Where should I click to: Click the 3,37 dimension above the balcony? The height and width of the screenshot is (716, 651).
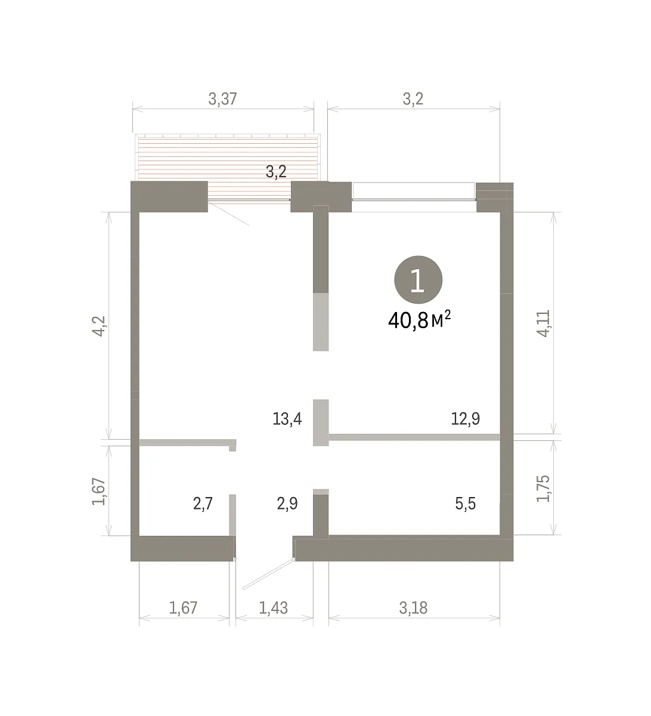pyautogui.click(x=222, y=99)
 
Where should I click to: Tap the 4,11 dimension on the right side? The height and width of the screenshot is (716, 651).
pyautogui.click(x=543, y=323)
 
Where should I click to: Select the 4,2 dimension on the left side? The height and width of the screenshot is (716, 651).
pyautogui.click(x=99, y=326)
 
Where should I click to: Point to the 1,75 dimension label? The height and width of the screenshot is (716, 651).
pyautogui.click(x=543, y=489)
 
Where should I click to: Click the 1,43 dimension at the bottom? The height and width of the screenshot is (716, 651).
pyautogui.click(x=273, y=608)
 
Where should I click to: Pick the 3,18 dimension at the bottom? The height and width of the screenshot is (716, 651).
pyautogui.click(x=413, y=608)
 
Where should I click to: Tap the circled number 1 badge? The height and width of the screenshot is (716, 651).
pyautogui.click(x=418, y=280)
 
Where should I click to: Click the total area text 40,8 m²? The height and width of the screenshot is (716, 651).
pyautogui.click(x=420, y=319)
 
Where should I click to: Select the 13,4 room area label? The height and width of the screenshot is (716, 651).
pyautogui.click(x=287, y=419)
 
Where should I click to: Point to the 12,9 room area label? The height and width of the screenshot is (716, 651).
pyautogui.click(x=466, y=419)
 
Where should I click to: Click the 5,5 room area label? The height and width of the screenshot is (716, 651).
pyautogui.click(x=466, y=504)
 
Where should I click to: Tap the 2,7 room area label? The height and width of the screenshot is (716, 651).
pyautogui.click(x=203, y=504)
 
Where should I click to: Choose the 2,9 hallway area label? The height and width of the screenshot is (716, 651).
pyautogui.click(x=287, y=504)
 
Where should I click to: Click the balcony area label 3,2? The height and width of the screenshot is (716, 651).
pyautogui.click(x=276, y=172)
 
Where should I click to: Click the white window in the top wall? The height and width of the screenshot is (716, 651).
pyautogui.click(x=414, y=191)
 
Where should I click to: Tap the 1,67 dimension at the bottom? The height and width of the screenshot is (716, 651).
pyautogui.click(x=183, y=608)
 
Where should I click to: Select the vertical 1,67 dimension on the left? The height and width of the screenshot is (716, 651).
pyautogui.click(x=99, y=491)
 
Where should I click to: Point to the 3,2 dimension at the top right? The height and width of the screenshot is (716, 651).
pyautogui.click(x=413, y=99)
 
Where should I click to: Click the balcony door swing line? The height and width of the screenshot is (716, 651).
pyautogui.click(x=228, y=214)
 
